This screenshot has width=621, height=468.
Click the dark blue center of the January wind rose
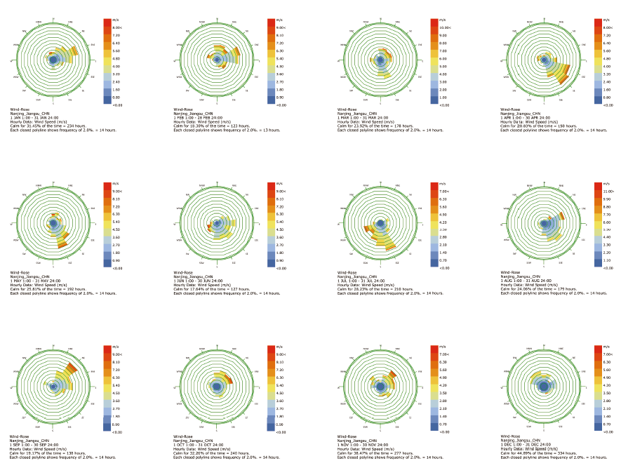coord(53,61)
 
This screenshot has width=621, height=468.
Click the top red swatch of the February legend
coord(270,22)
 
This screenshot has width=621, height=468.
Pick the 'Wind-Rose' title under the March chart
coord(347,109)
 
